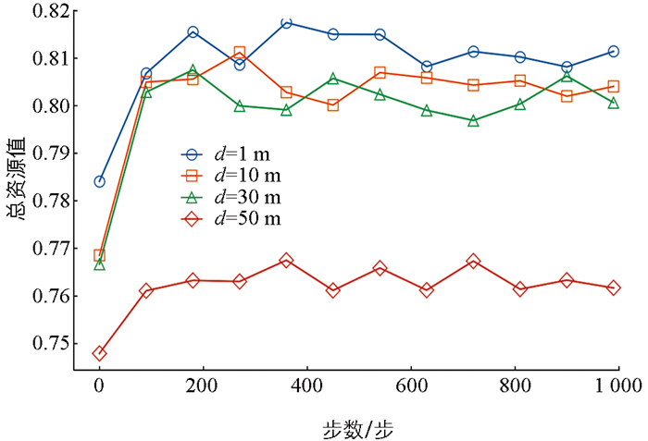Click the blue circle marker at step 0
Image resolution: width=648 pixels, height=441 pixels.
[99, 181]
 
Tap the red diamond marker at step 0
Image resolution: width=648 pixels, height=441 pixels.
[99, 353]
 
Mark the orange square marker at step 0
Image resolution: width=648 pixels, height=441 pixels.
[99, 255]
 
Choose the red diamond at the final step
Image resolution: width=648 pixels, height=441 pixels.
[613, 288]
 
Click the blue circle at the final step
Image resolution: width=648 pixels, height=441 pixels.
[613, 51]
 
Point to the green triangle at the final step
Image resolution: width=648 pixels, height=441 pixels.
[613, 103]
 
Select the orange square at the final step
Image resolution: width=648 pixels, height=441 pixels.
[613, 87]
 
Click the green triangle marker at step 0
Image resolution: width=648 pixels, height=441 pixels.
[99, 265]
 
